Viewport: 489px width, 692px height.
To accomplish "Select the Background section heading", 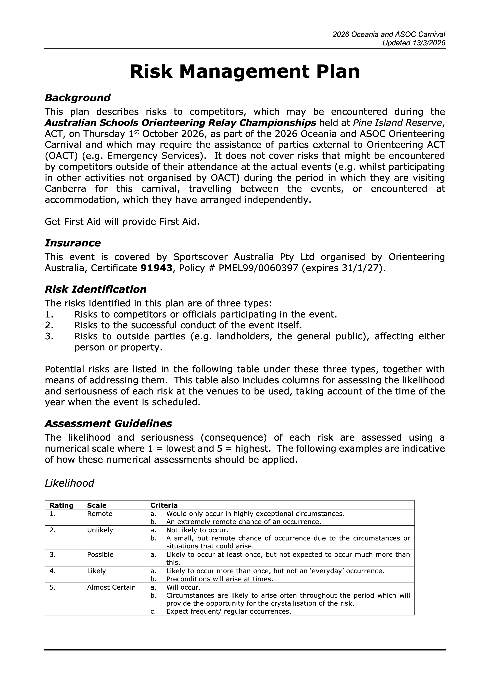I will (x=77, y=98).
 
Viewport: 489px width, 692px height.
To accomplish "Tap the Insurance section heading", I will (x=73, y=243).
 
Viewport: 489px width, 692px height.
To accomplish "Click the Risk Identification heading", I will (x=95, y=289).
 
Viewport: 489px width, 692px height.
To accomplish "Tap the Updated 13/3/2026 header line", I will (x=413, y=43).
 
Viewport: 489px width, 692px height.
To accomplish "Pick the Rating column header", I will (x=62, y=506).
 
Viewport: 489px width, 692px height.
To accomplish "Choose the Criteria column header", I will (x=164, y=506).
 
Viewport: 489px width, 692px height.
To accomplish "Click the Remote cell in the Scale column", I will (x=100, y=514).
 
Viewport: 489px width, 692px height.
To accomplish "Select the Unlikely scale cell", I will (x=100, y=530).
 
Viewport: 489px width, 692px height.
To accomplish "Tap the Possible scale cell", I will (x=100, y=554).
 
